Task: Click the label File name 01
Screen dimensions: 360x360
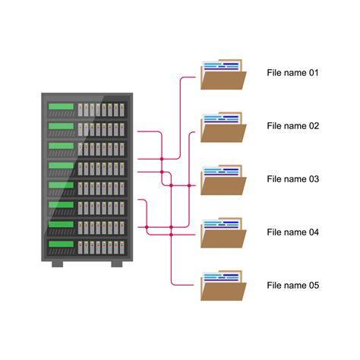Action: pos(292,73)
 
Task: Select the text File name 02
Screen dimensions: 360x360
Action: pos(292,126)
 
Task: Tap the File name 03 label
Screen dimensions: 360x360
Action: pos(292,179)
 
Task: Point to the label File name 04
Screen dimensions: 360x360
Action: pos(292,232)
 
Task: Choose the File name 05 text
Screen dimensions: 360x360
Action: pos(292,286)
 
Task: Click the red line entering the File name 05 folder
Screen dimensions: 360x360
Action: pos(186,286)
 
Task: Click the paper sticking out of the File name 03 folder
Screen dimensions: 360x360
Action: pos(222,172)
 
